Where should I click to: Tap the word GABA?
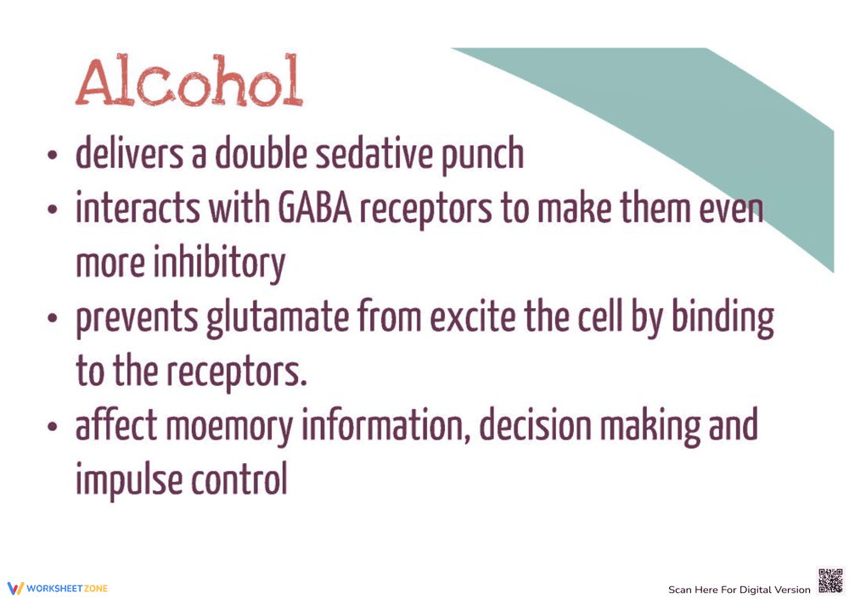click(315, 209)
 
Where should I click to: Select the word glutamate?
click(278, 319)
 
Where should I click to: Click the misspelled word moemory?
click(229, 428)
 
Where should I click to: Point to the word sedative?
click(374, 154)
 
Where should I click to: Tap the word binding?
click(722, 319)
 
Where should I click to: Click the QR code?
click(830, 580)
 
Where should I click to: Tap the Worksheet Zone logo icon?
click(15, 588)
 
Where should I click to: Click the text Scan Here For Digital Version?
click(739, 590)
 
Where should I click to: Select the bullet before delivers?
click(52, 155)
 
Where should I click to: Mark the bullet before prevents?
click(52, 318)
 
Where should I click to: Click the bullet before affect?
click(52, 427)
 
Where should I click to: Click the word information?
click(386, 426)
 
